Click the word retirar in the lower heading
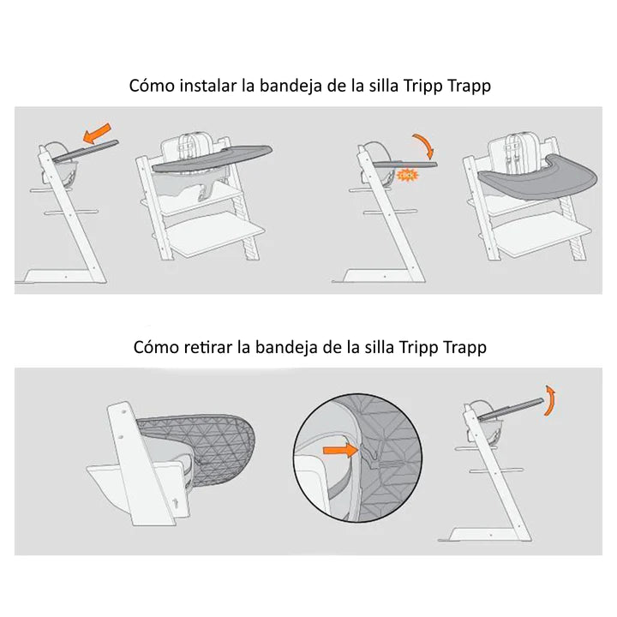[208, 347]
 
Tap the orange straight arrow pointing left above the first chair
[97, 133]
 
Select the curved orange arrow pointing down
[424, 145]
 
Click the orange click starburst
[407, 174]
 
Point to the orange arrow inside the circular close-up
[340, 450]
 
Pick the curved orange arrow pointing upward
[549, 400]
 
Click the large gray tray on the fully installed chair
[538, 178]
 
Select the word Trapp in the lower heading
[464, 347]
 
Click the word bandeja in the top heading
[285, 86]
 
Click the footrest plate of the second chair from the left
[215, 234]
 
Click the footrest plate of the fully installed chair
[541, 234]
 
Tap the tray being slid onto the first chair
[86, 151]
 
